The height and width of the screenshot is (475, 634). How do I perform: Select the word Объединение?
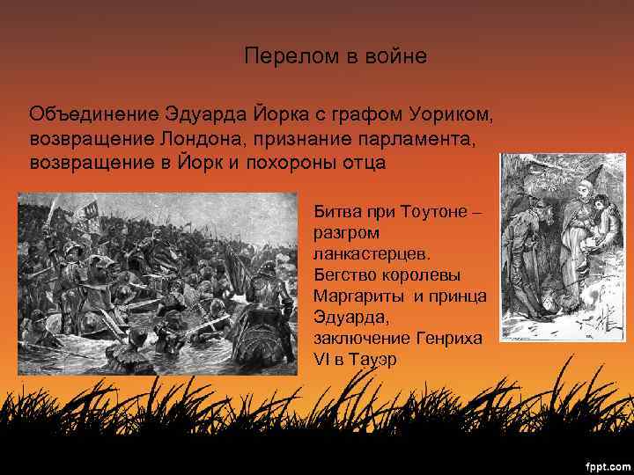click(x=92, y=115)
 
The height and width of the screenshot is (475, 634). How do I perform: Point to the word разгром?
click(x=346, y=234)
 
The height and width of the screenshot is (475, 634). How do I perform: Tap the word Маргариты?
click(x=356, y=296)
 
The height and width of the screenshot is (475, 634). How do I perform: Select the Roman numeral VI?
click(x=321, y=359)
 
